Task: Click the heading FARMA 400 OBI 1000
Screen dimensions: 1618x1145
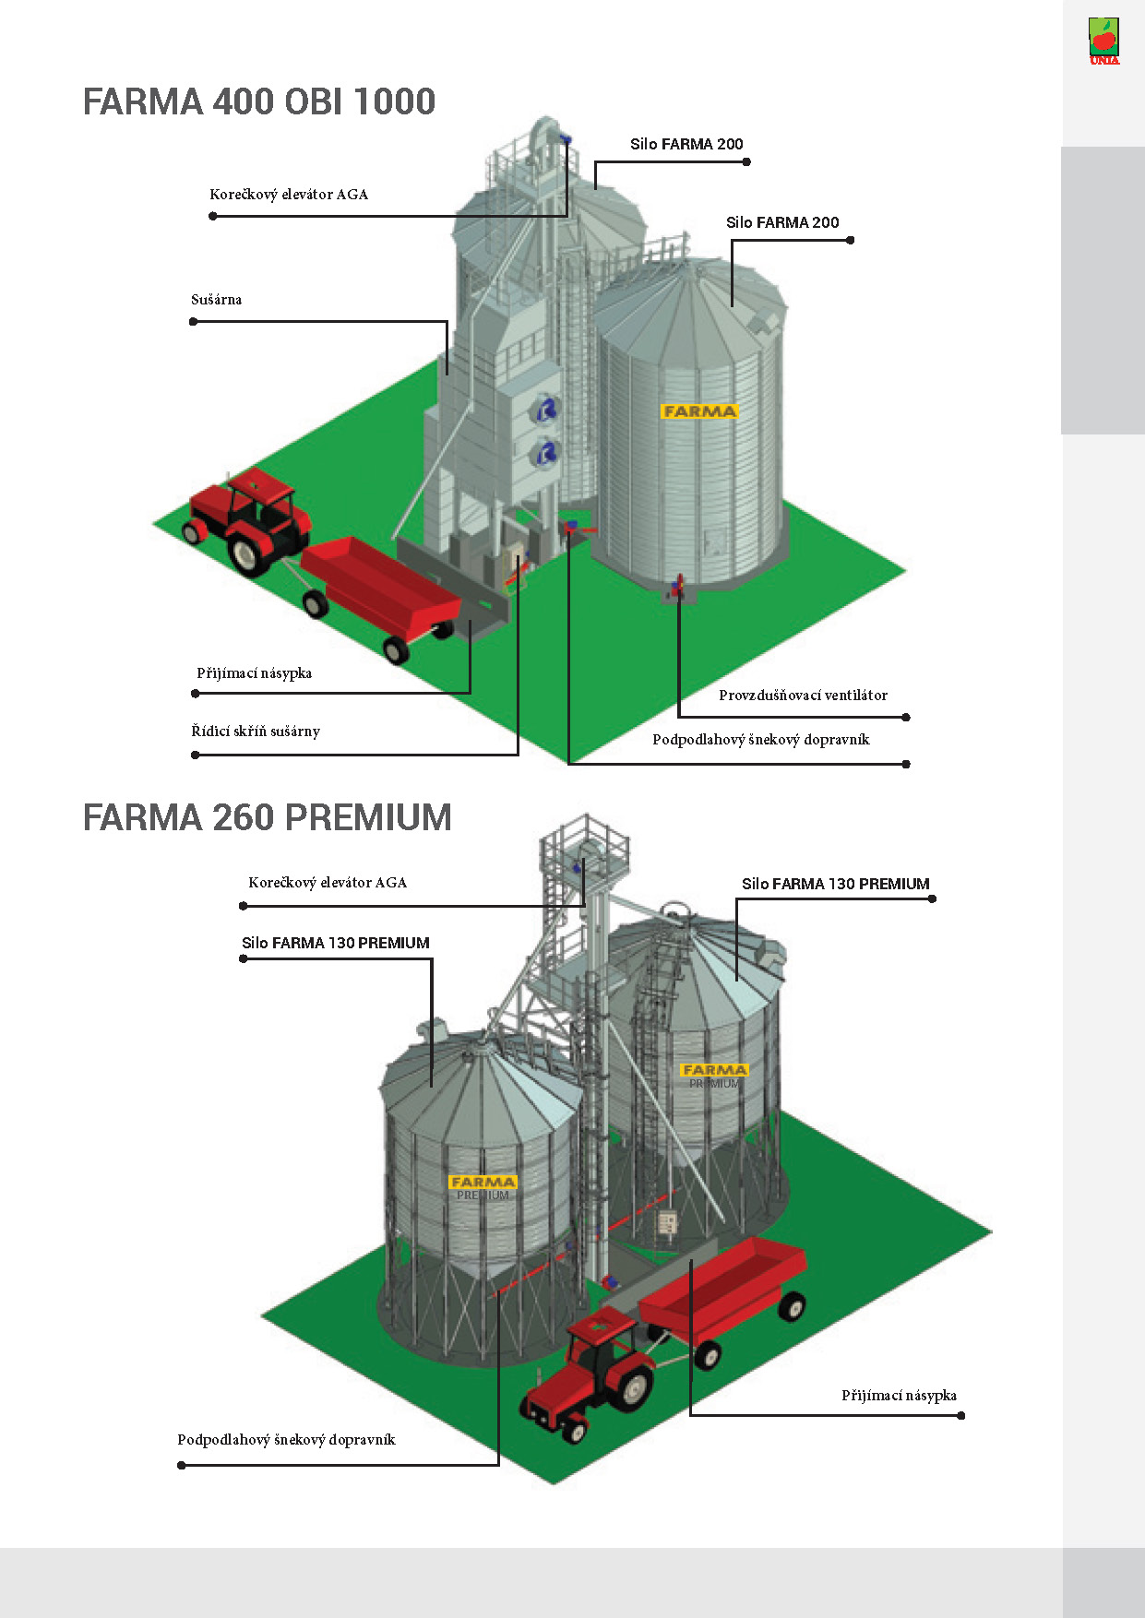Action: pyautogui.click(x=259, y=101)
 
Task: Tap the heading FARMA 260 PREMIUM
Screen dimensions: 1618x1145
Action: pyautogui.click(x=268, y=817)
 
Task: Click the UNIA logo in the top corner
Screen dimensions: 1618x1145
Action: pyautogui.click(x=1103, y=42)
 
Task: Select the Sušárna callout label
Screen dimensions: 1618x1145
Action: pyautogui.click(x=216, y=300)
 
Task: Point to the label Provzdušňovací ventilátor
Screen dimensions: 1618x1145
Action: pyautogui.click(x=803, y=696)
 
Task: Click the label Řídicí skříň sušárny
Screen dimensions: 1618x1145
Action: pyautogui.click(x=256, y=732)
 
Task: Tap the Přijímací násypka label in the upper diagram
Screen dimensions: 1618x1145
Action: pyautogui.click(x=254, y=673)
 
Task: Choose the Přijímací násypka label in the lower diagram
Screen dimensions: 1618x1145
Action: pyautogui.click(x=899, y=1396)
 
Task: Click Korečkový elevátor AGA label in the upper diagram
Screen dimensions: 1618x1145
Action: pyautogui.click(x=289, y=195)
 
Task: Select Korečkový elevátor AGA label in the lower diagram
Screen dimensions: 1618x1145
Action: pyautogui.click(x=328, y=883)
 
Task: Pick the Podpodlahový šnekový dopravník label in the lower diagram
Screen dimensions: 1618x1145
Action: pyautogui.click(x=286, y=1440)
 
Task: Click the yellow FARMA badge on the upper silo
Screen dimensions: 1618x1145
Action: pyautogui.click(x=699, y=411)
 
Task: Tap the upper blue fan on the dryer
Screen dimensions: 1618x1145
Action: pyautogui.click(x=547, y=409)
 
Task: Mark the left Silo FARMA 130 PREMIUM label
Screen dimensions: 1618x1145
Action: pyautogui.click(x=336, y=943)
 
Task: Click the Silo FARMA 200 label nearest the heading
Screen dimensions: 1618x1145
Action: pyautogui.click(x=686, y=144)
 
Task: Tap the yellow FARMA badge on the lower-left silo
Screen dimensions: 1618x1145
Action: pyautogui.click(x=483, y=1182)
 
